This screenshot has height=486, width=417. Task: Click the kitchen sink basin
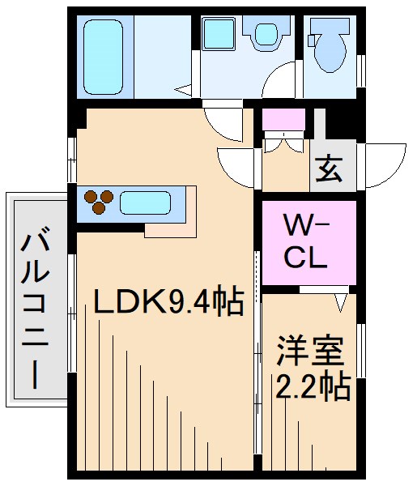(x=147, y=201)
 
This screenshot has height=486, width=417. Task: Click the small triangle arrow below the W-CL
(x=341, y=302)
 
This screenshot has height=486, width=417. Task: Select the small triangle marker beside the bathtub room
(x=185, y=90)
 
